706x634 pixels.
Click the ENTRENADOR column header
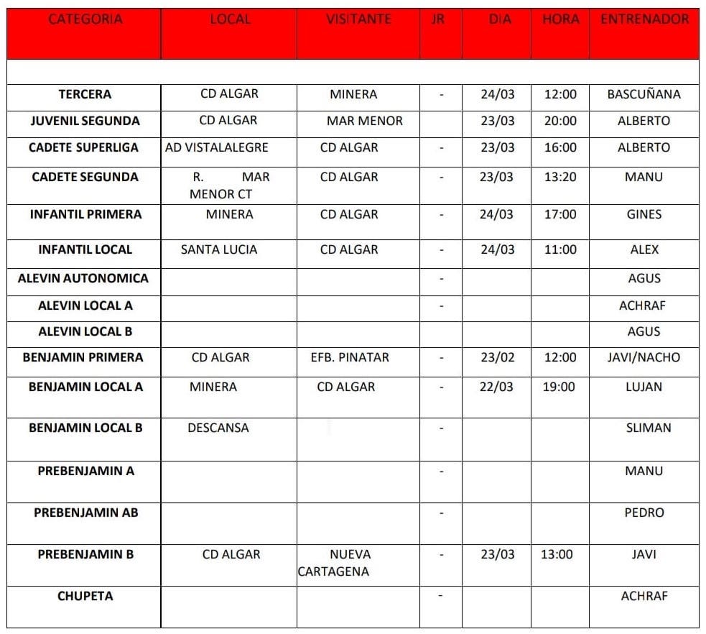coord(644,20)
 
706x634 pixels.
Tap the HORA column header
coord(560,20)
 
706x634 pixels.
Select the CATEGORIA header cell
coord(85,20)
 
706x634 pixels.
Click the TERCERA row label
coord(85,94)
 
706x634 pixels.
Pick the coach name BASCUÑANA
coord(644,94)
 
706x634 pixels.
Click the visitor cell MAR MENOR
coord(364,121)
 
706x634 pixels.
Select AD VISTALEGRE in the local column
coord(216,147)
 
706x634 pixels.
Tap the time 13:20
coord(560,177)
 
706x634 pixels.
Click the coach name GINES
coord(644,214)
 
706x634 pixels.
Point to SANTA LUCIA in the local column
coord(219,249)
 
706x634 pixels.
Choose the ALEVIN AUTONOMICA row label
coord(83,278)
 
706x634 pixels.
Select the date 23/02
coord(498,357)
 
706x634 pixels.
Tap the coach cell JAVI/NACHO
coord(644,357)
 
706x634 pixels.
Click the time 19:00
coord(559,387)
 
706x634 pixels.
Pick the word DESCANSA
coord(218,428)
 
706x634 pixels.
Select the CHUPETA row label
coord(85,596)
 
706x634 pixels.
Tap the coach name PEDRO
coord(644,513)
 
